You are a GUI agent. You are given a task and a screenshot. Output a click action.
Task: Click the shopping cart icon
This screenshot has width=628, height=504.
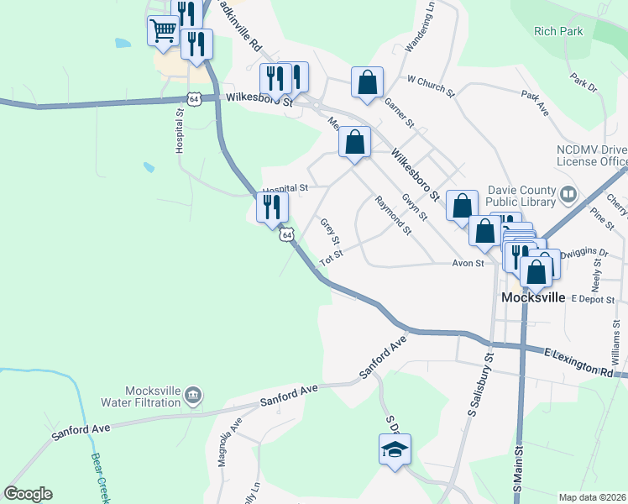click(163, 32)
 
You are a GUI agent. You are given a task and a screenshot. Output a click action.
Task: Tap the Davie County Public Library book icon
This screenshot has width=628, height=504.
click(569, 195)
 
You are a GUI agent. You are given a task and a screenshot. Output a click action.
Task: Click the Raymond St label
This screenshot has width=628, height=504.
click(393, 216)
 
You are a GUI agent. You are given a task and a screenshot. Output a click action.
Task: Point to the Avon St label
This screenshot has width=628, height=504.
click(468, 263)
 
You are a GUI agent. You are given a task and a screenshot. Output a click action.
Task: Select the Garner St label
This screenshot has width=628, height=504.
click(400, 112)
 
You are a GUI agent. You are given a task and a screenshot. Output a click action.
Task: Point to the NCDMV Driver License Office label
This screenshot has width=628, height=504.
click(591, 155)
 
